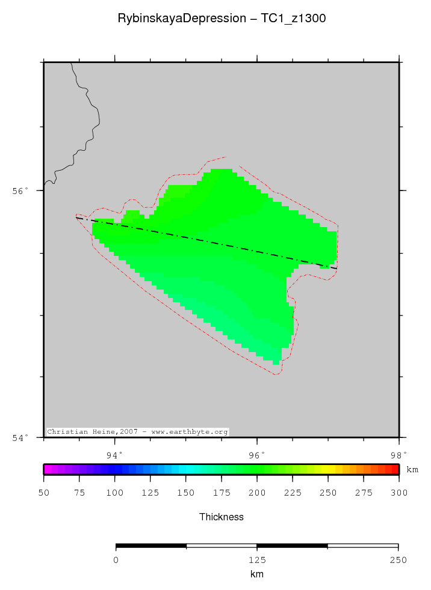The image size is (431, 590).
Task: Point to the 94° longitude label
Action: (114, 455)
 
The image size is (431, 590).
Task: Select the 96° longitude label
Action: (256, 455)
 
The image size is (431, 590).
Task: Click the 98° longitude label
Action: (398, 455)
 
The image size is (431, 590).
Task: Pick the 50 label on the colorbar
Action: (44, 493)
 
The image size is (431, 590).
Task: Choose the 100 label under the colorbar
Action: (115, 493)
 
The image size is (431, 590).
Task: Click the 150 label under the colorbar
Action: (186, 493)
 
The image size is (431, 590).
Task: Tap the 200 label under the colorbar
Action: (257, 493)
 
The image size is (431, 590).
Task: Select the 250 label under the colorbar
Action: (328, 493)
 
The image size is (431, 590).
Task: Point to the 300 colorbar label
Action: (398, 493)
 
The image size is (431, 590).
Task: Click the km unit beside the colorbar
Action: (412, 469)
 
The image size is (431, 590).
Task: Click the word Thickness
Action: (222, 517)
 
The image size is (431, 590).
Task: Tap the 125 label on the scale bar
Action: (257, 560)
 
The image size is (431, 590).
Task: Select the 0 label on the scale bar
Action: (116, 560)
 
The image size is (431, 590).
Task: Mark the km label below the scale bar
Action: (257, 574)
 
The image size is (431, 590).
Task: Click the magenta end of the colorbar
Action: (48, 469)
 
